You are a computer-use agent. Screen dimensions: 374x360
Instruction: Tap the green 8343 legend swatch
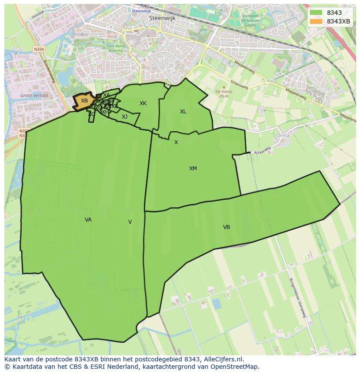click(x=316, y=13)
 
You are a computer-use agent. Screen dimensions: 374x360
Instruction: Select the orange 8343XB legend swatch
click(x=316, y=21)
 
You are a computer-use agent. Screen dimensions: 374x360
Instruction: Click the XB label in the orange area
click(x=84, y=101)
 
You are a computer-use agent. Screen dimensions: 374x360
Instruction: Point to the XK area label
click(x=143, y=103)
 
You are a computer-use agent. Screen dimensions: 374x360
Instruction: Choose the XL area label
click(x=183, y=112)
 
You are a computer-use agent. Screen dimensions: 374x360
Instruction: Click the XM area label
click(x=193, y=169)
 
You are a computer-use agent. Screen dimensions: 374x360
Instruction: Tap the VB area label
click(x=227, y=227)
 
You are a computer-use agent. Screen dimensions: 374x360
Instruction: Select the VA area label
click(x=88, y=220)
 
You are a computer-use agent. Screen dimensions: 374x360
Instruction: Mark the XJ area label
click(x=125, y=117)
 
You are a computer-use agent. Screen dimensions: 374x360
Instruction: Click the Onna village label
click(x=283, y=136)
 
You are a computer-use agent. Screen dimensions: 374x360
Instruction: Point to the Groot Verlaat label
click(x=34, y=95)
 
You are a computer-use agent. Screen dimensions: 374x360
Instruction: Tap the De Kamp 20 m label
click(x=224, y=94)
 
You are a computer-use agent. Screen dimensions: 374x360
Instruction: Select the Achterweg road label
click(x=263, y=150)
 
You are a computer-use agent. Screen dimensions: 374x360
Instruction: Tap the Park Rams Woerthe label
click(x=115, y=48)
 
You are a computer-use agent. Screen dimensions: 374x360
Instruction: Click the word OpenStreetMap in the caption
click(x=237, y=366)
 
